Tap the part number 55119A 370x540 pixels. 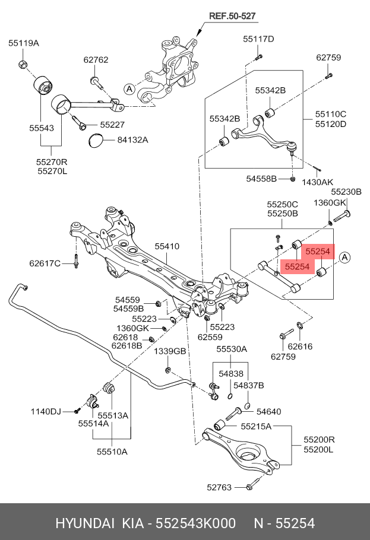tap(24, 43)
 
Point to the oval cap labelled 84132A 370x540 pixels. tap(95, 141)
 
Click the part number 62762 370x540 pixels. tap(96, 60)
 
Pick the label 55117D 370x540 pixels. tap(258, 39)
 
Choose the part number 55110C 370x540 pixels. tap(330, 113)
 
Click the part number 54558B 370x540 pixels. tap(262, 179)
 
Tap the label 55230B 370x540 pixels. tap(346, 192)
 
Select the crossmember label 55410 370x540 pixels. tap(167, 246)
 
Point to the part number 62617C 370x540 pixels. tap(45, 263)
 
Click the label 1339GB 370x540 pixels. tap(170, 351)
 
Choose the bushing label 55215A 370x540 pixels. tap(256, 427)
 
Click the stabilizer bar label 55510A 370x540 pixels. tap(112, 451)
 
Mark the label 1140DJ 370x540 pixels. tap(46, 411)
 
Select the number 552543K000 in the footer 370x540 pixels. tap(195, 523)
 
